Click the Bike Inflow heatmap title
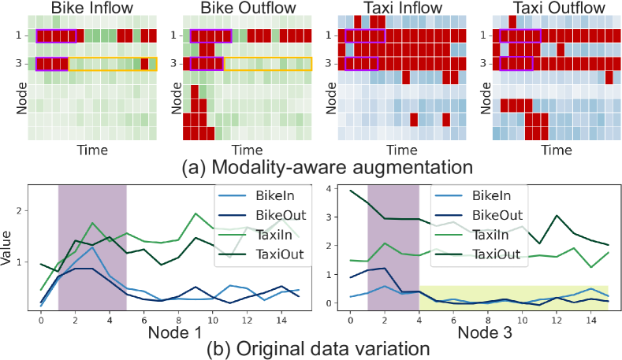(x=93, y=10)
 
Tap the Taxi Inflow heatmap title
(x=401, y=10)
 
